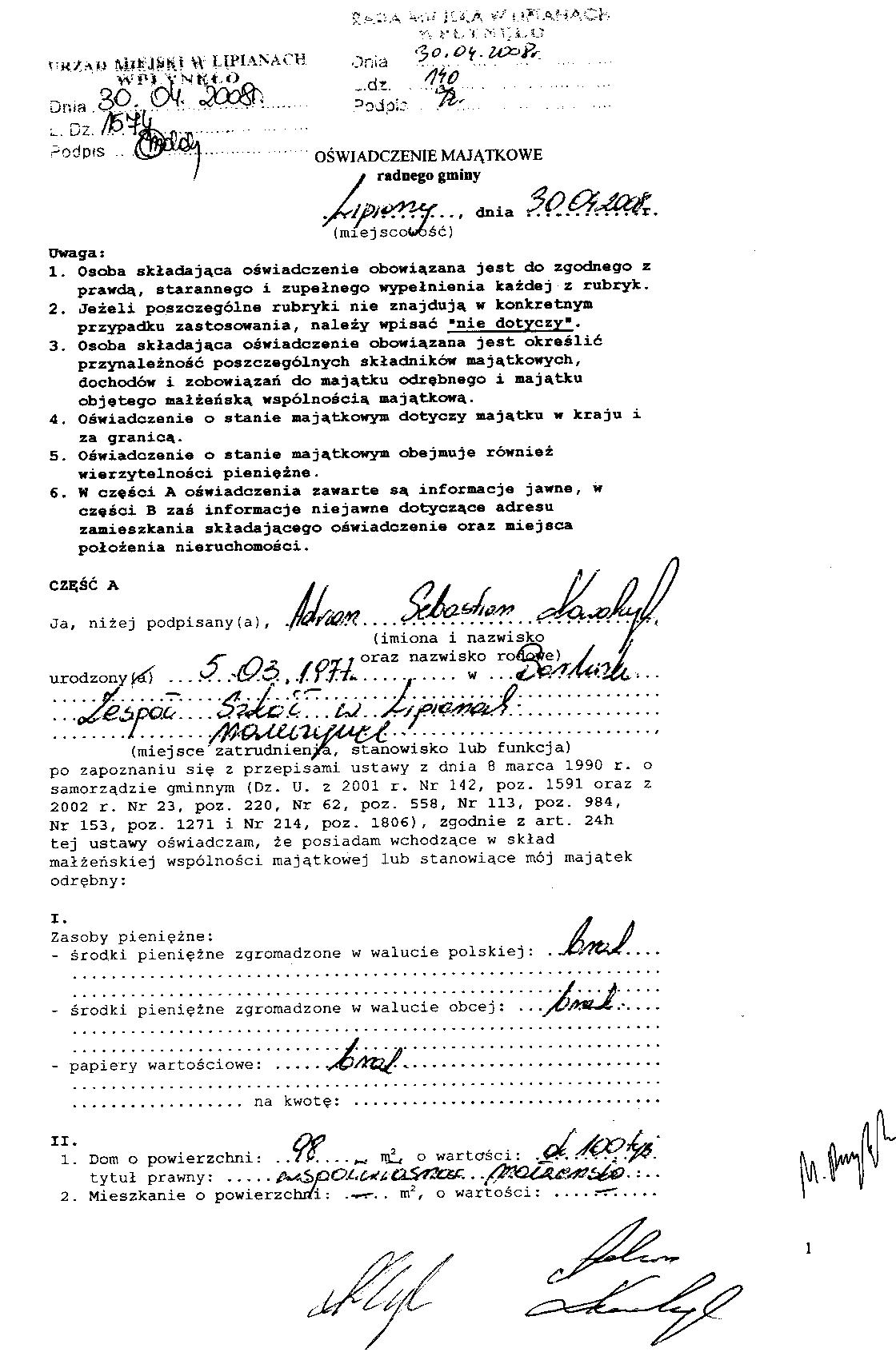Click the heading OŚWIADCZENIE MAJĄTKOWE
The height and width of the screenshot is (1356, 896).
[429, 156]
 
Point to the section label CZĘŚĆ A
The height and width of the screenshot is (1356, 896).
[83, 584]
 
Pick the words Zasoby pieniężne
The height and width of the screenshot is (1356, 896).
[131, 935]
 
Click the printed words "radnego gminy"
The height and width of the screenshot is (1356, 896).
[429, 175]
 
